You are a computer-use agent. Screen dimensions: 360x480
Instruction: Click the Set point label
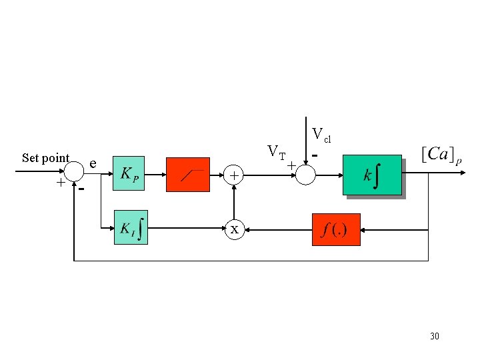[45, 158]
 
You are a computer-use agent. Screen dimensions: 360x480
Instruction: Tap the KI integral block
[131, 227]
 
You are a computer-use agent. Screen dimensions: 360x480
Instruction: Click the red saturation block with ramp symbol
[187, 175]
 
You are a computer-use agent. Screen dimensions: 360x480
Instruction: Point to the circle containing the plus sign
[234, 175]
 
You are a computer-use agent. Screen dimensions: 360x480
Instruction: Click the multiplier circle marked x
[234, 229]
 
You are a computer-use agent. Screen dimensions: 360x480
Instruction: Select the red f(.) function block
[336, 229]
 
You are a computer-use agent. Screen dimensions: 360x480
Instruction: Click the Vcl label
[321, 135]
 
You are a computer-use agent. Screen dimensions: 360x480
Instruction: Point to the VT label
[276, 151]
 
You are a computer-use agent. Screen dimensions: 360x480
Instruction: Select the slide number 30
[435, 336]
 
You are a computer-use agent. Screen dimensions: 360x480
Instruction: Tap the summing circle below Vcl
[305, 175]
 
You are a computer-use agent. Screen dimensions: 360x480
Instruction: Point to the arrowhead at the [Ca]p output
[461, 173]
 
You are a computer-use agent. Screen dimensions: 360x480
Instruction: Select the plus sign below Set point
[61, 182]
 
